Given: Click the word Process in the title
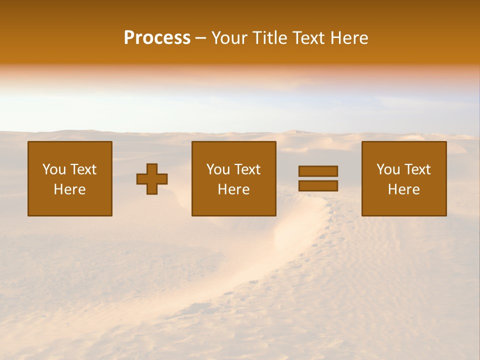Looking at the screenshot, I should (x=157, y=38).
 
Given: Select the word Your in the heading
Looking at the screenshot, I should (x=228, y=38).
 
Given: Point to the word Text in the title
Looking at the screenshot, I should (x=310, y=38).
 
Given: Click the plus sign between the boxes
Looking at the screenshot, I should (x=152, y=179).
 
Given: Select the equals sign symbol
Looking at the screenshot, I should (x=318, y=178).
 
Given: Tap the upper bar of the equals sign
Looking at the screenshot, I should (x=318, y=171).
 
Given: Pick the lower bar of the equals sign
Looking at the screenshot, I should (x=318, y=186).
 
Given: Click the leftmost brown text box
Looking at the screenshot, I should (x=70, y=178).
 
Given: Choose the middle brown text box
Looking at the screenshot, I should (x=233, y=178).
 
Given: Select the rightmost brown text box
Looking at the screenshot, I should (x=404, y=178).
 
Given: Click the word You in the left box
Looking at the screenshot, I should (x=54, y=169).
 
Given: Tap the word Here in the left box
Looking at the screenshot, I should (x=70, y=189).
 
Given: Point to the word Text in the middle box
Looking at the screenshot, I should (x=247, y=169).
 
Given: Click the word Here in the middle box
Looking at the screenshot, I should (x=233, y=189).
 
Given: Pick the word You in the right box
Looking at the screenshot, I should (x=388, y=169).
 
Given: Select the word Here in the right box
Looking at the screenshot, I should (x=404, y=189).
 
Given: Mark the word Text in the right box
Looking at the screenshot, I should (x=417, y=169).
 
